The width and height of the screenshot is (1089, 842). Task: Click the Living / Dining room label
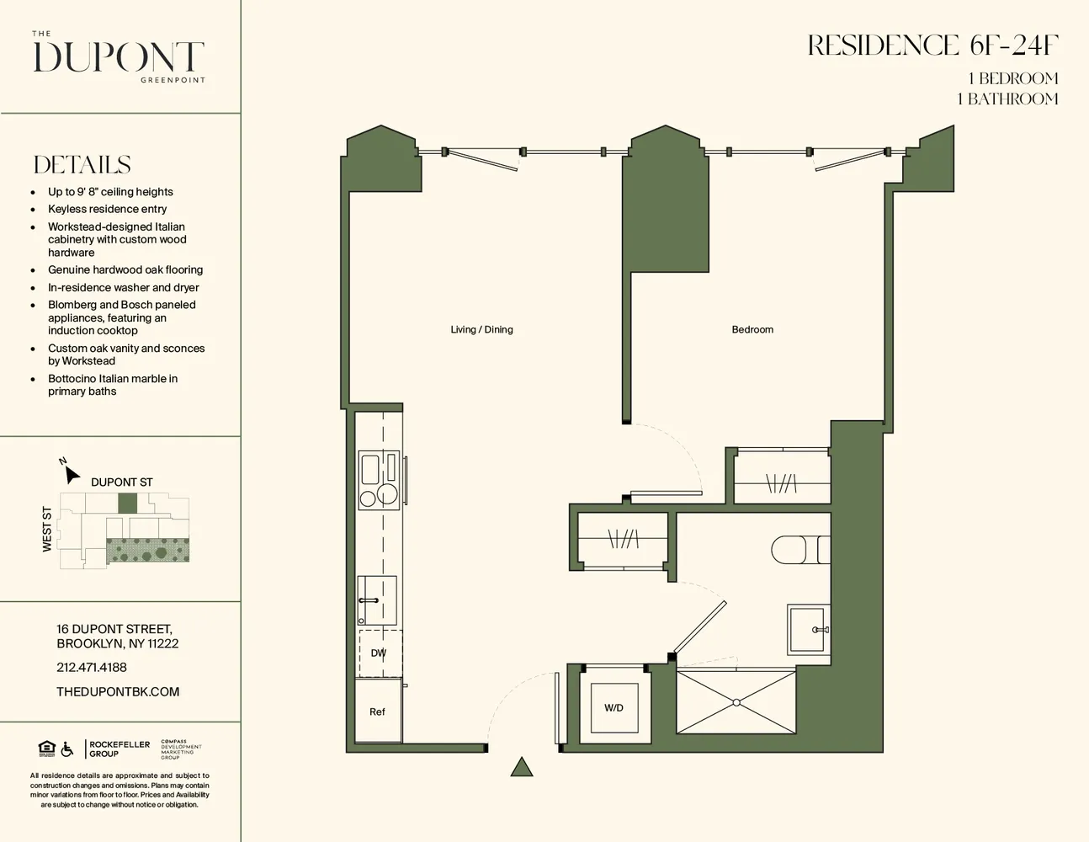481,329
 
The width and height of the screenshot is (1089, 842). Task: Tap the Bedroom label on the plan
752,329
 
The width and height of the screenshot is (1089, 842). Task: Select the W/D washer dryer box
614,708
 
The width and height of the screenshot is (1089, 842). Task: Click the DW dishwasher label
379,653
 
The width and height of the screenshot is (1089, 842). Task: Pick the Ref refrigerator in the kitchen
377,712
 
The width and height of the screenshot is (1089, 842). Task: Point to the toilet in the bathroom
799,550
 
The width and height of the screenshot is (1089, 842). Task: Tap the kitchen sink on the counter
377,600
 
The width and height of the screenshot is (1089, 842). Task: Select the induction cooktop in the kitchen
379,480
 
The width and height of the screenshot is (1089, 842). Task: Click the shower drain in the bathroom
736,701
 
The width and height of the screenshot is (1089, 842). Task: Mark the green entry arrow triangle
522,766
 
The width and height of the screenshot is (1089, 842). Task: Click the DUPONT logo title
119,58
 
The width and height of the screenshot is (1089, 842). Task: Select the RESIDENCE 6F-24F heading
932,46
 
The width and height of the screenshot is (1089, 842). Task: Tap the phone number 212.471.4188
92,667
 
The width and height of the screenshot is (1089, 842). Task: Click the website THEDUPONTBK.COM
118,691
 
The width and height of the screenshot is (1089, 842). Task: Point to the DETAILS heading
82,165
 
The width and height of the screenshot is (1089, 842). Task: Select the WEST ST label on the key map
47,530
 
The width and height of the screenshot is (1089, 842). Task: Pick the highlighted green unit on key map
127,504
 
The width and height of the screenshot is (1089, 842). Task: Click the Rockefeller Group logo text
120,749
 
